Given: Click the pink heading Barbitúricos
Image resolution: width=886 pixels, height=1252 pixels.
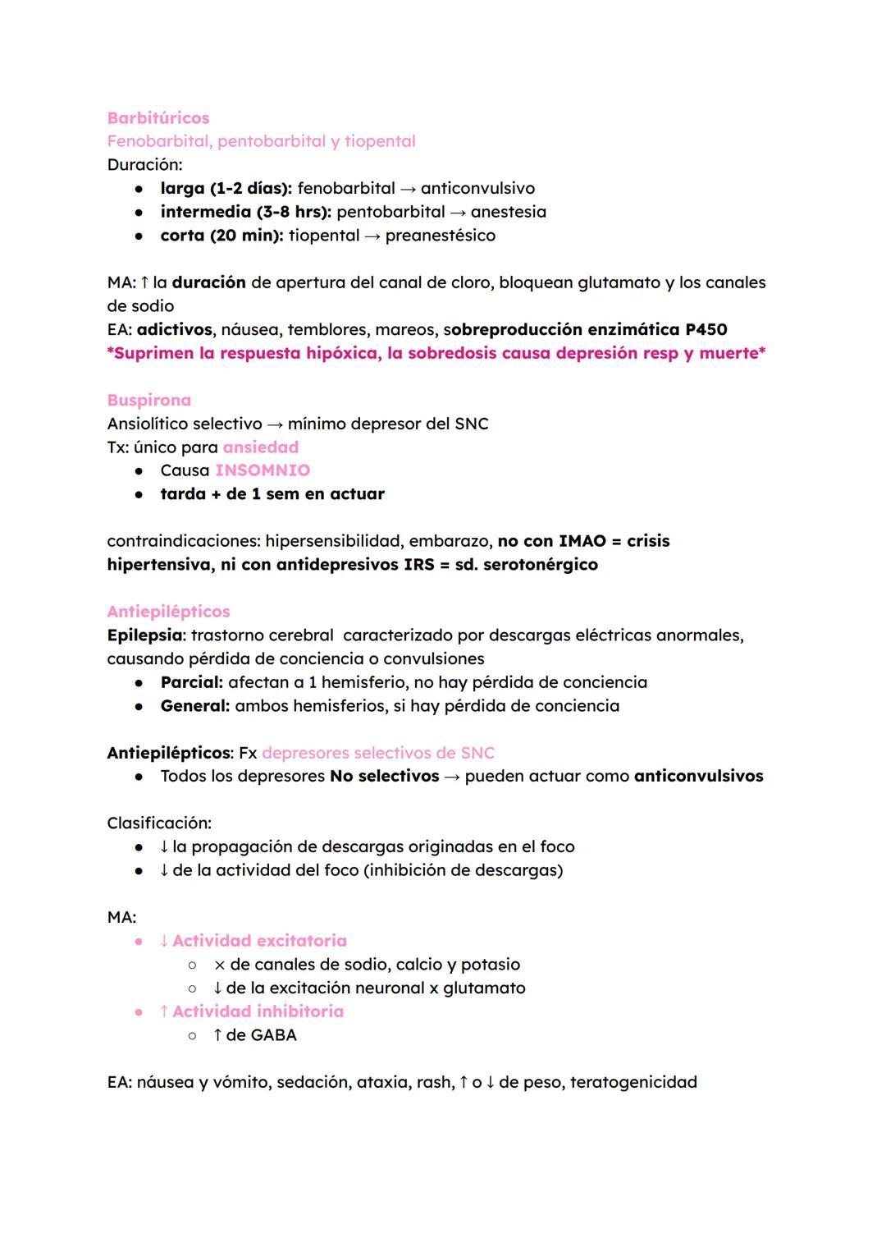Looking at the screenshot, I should coord(158,118).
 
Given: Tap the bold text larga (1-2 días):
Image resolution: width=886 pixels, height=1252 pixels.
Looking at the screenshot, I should coord(226,189).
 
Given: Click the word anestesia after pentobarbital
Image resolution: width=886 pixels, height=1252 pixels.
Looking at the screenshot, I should coord(508,212).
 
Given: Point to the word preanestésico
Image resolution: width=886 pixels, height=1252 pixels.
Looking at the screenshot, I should coord(440,236).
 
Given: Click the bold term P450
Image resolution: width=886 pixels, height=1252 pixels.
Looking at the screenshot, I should coord(706,330).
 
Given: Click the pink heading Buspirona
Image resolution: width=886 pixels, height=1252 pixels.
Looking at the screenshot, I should coord(148,401).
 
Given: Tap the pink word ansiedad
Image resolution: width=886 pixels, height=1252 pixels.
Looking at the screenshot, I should coord(260,447).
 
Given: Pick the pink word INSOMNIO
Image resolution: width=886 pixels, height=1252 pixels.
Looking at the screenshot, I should coord(263,470).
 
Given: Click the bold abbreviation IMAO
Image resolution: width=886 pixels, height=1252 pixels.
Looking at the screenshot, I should coord(582,541).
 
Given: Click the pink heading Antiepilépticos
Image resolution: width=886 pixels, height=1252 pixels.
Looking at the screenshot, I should coord(168,612).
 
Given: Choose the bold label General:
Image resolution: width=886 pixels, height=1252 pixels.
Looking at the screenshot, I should coord(194,706).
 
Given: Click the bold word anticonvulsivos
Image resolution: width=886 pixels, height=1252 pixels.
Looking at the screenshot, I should coord(698,777).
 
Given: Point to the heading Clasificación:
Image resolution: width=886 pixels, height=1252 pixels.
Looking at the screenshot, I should coord(159,823).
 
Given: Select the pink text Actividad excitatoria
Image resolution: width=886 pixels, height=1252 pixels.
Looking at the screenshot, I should coord(259,941).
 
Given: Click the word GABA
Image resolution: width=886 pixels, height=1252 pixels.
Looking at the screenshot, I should coord(273,1035).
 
